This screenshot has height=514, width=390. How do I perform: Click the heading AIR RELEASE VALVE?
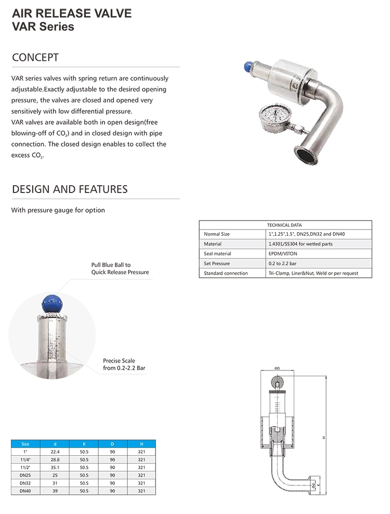pos(72,13)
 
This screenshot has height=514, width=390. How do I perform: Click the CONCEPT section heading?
pos(35,57)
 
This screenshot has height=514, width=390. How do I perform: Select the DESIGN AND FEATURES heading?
pos(70,189)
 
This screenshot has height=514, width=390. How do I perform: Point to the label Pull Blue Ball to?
pos(111,265)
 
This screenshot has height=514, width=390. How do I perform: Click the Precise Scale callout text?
pos(119,361)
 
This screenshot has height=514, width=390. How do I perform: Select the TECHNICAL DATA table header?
pos(284,225)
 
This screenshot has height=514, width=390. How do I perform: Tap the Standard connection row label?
pos(226,273)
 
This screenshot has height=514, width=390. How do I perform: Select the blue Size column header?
pos(25,444)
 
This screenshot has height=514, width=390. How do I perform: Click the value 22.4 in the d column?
pos(55,452)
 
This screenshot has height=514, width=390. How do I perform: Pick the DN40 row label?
pos(25,491)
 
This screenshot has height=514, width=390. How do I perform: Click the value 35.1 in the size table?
pos(55,467)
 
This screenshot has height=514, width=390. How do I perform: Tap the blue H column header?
pos(141,444)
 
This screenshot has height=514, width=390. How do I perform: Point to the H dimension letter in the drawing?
pos(323,438)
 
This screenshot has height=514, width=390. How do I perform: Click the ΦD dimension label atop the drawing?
pos(277,368)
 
